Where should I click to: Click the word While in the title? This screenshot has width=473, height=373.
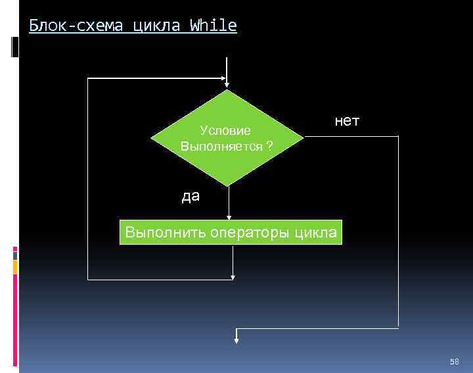click(x=213, y=26)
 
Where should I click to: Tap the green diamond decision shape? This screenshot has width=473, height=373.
click(x=227, y=137)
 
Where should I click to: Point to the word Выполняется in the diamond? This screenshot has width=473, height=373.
click(x=221, y=145)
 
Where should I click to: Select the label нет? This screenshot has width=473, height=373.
click(x=347, y=121)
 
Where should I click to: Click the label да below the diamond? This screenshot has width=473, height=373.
click(x=191, y=196)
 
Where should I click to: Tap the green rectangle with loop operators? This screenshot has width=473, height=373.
click(x=231, y=232)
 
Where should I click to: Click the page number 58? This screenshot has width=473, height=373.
click(x=454, y=362)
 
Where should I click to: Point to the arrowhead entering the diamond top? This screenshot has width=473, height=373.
click(x=227, y=82)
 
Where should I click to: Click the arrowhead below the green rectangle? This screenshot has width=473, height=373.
click(x=233, y=276)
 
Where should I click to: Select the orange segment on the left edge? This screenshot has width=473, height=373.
click(x=14, y=266)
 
